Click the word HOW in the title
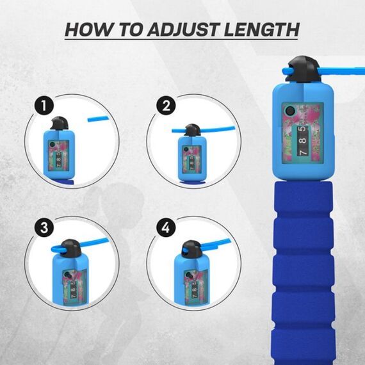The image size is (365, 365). [88, 29]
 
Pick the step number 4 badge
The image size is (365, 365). [166, 227]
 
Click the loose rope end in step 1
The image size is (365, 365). [97, 118]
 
